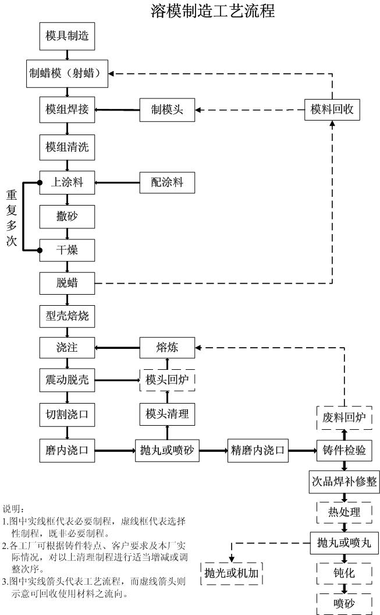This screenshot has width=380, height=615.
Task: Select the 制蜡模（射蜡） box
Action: coord(67,74)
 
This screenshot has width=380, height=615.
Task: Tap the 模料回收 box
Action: coord(332,109)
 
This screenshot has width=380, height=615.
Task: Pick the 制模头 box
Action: coord(167,110)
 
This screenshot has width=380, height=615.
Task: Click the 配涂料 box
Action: coord(167,182)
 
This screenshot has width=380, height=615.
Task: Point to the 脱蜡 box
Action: coord(67,284)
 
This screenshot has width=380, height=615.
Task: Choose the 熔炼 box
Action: coord(167,348)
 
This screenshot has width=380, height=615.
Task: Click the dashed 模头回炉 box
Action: coord(167,380)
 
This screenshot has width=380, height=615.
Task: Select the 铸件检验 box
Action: coord(344,450)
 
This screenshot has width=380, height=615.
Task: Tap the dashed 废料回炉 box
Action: coord(344,417)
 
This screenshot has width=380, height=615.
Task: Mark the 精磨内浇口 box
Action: coord(258,450)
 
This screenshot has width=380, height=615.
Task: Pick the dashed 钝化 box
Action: coord(344,573)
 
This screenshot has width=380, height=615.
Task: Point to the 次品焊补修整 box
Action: coord(344,482)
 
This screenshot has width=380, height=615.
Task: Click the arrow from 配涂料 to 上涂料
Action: coord(117,182)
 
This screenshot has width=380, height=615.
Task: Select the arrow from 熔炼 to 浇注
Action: coord(117,348)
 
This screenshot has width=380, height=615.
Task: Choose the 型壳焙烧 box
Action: coord(67,316)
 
